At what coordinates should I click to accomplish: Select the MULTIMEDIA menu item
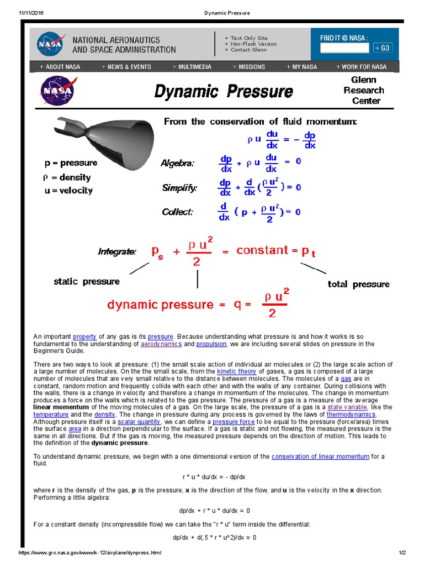pyautogui.click(x=192, y=67)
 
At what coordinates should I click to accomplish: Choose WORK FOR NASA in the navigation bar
pyautogui.click(x=361, y=67)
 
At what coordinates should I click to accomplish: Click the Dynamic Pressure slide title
pyautogui.click(x=223, y=91)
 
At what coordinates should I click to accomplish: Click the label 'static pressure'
pyautogui.click(x=87, y=281)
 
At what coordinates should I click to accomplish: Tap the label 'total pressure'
pyautogui.click(x=358, y=284)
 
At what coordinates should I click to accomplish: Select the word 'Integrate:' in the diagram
pyautogui.click(x=117, y=252)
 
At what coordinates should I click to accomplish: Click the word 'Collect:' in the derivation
pyautogui.click(x=177, y=212)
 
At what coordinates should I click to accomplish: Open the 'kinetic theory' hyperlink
pyautogui.click(x=237, y=371)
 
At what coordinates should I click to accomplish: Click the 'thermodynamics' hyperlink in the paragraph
pyautogui.click(x=351, y=414)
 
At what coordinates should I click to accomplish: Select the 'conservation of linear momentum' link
pyautogui.click(x=321, y=456)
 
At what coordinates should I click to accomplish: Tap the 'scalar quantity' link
pyautogui.click(x=139, y=421)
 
